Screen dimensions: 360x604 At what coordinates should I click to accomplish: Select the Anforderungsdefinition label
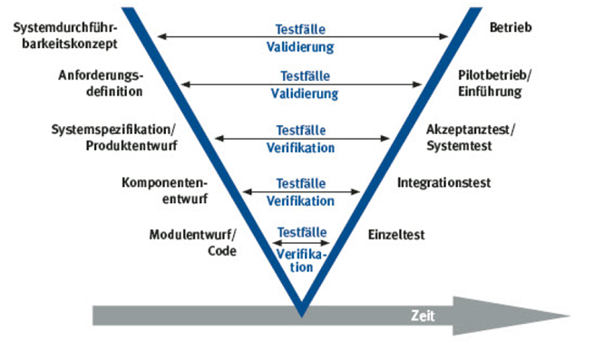click(100, 83)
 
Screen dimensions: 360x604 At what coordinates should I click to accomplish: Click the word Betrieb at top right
click(508, 28)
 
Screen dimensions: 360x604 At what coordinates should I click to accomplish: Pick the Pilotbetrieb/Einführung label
click(498, 83)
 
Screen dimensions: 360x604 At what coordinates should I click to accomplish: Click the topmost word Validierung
click(304, 45)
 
